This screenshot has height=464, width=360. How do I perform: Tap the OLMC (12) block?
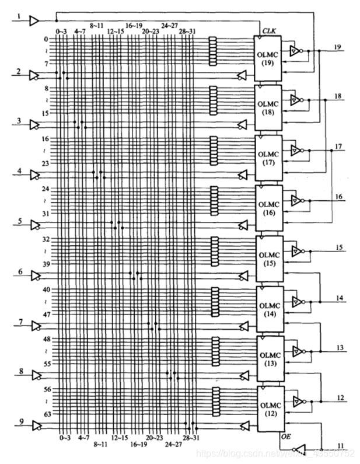(268, 408)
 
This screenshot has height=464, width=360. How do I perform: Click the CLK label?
(269, 30)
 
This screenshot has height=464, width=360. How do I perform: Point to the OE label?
(285, 434)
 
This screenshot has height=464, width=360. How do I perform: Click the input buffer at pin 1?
(34, 21)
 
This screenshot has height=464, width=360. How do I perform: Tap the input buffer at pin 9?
(34, 424)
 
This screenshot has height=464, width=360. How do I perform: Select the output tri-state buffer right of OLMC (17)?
(297, 151)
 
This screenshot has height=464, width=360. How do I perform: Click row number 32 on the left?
(47, 239)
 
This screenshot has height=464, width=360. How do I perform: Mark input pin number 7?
(21, 321)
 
